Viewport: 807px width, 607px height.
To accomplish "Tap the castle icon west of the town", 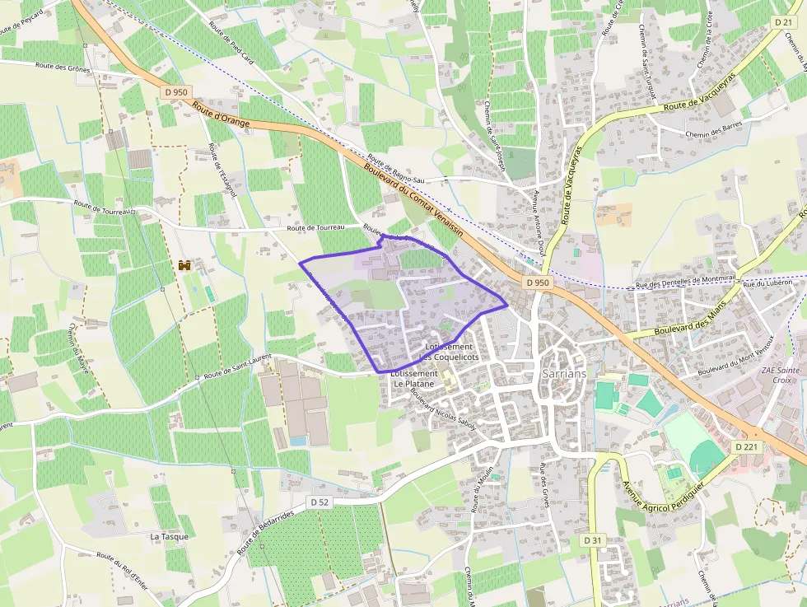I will point(184,265).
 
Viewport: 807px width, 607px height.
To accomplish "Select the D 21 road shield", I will point(782,21).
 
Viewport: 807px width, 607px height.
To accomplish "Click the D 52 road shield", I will point(320,502).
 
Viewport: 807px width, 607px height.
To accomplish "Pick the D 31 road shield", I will point(592,540).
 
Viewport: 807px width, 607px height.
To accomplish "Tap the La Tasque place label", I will point(169,536).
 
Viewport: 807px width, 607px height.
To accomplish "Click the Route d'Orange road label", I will point(220,117).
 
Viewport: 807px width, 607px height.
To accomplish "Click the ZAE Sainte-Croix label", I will point(786,376).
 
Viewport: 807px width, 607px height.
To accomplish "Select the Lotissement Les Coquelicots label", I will point(449,352).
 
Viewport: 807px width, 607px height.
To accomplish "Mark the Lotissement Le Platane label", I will point(415,378).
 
